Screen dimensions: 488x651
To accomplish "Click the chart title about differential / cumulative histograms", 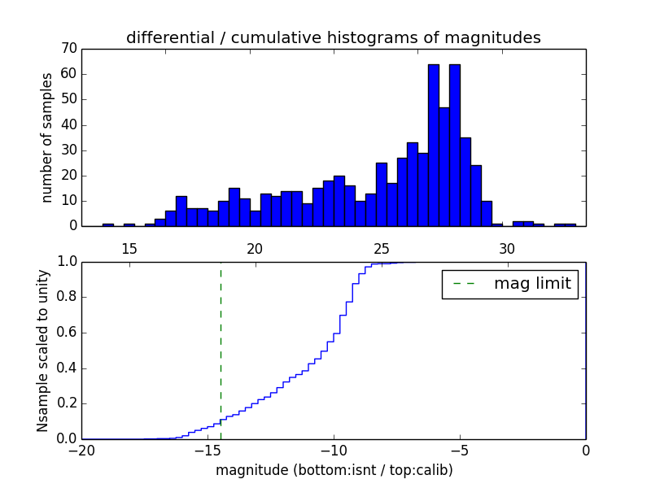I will (x=333, y=37).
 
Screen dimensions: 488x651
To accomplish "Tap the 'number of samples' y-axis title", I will (x=47, y=137).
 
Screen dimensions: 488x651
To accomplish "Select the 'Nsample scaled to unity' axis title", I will (x=43, y=350).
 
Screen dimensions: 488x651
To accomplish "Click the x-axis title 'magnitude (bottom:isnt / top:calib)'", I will (x=334, y=470).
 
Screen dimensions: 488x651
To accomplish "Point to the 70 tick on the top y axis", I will (x=68, y=49).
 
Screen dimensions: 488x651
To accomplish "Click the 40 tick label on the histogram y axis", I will (x=68, y=124).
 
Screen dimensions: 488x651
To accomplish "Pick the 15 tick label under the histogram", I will (x=129, y=248).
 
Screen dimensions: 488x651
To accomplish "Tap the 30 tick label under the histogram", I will (x=507, y=248).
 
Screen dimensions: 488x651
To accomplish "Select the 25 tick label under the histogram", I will (x=381, y=248).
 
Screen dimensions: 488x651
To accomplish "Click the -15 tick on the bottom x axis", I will (x=207, y=451).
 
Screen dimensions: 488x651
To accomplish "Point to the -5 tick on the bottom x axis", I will (x=460, y=451).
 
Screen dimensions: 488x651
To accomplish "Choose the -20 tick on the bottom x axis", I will (x=81, y=451).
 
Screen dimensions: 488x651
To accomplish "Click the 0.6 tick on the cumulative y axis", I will (x=66, y=333).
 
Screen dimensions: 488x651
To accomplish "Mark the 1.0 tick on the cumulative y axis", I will (x=66, y=262).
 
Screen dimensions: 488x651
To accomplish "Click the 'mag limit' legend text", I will (x=532, y=284).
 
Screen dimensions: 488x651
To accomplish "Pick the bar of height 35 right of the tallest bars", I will (x=465, y=181).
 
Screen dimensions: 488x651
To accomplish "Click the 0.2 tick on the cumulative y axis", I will (x=66, y=403).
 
